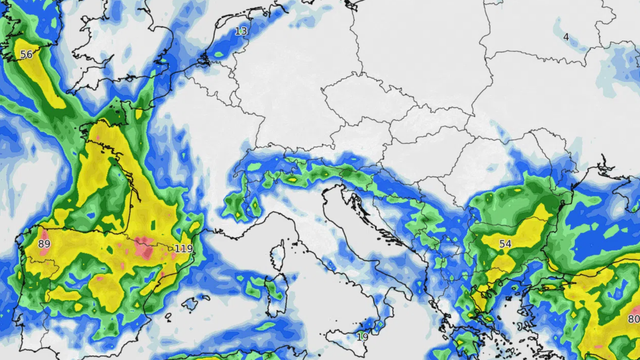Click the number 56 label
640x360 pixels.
coord(26,54)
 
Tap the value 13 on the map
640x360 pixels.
coord(241,31)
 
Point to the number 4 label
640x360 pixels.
coord(566,37)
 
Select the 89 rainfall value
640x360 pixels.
coord(44,244)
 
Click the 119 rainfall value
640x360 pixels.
coord(184,248)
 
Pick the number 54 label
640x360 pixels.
coord(505,244)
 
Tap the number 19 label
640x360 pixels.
coord(362,335)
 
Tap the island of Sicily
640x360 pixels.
coord(345,346)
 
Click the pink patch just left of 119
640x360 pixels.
coord(147,245)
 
